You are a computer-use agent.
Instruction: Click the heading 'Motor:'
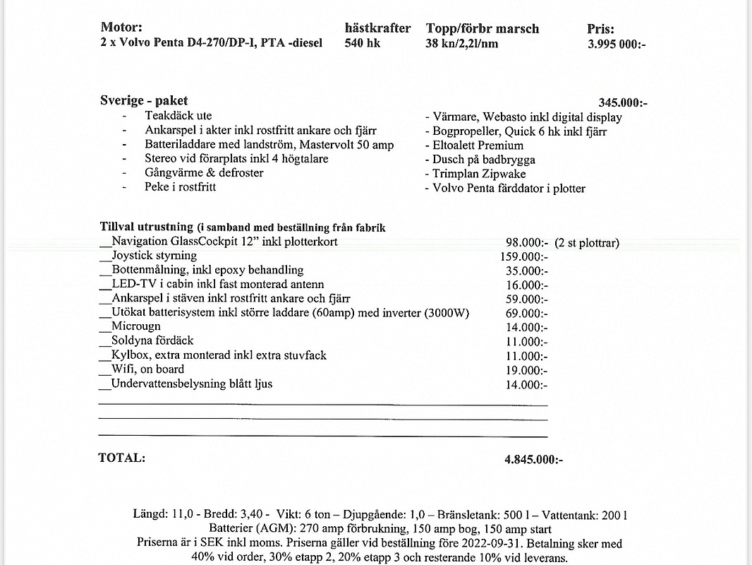click(x=121, y=28)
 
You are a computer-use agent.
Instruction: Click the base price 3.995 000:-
click(x=617, y=44)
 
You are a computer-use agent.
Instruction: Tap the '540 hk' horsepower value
click(x=363, y=43)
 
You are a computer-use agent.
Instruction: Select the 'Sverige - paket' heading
click(x=144, y=101)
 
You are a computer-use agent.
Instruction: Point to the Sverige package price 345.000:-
click(x=622, y=103)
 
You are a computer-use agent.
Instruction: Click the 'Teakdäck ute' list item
click(x=178, y=116)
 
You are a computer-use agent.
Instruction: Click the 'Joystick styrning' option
click(x=154, y=256)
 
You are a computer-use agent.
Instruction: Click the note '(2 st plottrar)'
click(x=587, y=242)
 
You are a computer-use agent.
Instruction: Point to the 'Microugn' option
click(x=135, y=326)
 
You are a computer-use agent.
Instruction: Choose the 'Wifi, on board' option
click(x=147, y=369)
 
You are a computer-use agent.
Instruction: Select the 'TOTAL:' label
click(x=121, y=458)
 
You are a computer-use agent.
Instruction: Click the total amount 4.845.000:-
click(x=533, y=460)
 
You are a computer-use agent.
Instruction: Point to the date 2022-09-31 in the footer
click(x=483, y=544)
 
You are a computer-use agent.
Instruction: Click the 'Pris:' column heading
click(x=600, y=29)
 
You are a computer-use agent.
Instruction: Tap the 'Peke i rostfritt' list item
click(x=180, y=187)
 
